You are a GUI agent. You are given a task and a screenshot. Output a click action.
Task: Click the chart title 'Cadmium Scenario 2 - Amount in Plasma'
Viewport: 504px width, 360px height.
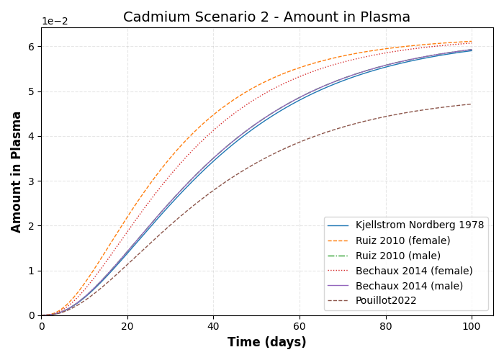[x=266, y=17]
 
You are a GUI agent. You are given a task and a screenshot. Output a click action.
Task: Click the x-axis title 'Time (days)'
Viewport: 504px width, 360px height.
[x=266, y=343]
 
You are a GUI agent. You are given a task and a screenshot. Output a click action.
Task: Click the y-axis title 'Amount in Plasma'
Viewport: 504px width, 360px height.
[x=17, y=171]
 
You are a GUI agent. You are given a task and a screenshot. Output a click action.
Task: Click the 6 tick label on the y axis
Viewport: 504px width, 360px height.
[x=31, y=47]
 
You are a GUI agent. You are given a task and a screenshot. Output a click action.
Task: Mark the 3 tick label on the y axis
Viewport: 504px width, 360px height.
[x=31, y=181]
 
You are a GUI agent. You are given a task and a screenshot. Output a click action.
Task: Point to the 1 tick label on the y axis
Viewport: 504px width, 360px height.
[x=31, y=271]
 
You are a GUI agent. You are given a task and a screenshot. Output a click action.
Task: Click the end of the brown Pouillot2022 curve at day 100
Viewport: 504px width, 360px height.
[x=472, y=104]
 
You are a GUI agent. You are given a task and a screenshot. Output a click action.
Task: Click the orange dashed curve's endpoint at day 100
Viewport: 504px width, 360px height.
[x=472, y=41]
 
